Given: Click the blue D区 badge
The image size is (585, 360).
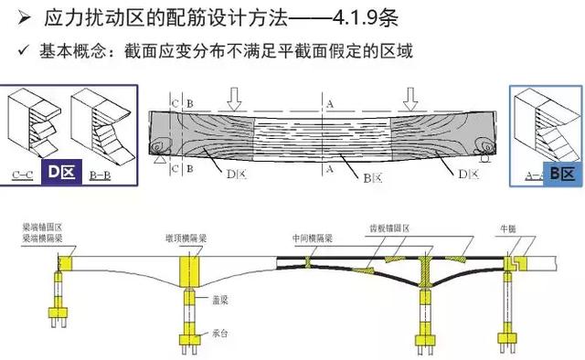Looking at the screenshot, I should tap(61, 171).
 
